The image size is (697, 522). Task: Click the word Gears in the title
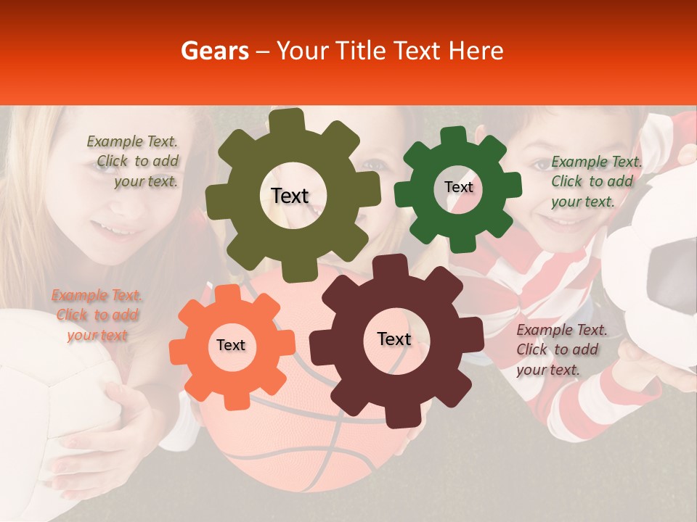pos(212,51)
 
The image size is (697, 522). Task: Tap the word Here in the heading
pos(476,51)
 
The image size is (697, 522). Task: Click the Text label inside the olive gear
pos(290,196)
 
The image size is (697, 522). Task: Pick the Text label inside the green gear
pos(458,187)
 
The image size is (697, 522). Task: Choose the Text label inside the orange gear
pos(230,345)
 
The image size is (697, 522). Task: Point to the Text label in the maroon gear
pos(394,339)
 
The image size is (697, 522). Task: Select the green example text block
pos(595,181)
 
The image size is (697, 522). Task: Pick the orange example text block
pos(96,315)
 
